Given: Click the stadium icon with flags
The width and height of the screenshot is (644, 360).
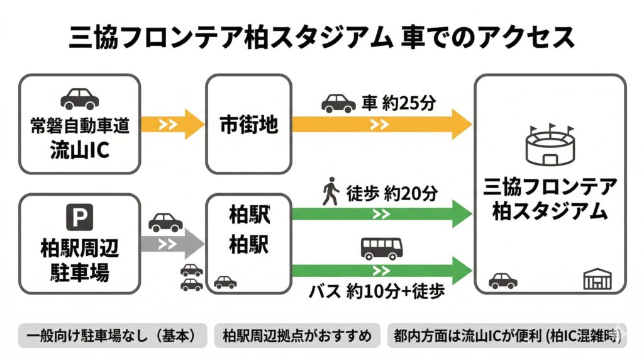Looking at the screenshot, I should (550, 145).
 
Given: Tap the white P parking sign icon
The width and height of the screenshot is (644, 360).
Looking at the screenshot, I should (79, 218).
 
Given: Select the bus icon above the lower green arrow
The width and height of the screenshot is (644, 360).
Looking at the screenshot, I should (379, 249).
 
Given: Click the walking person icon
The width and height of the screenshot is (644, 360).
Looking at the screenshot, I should (330, 191).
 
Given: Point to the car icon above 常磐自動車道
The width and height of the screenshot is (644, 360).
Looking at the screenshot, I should (79, 99).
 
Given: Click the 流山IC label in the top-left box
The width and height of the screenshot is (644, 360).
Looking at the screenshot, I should (79, 151).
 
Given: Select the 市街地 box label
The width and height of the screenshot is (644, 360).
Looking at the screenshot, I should (248, 124).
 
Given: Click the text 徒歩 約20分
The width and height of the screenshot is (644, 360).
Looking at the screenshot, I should (391, 193).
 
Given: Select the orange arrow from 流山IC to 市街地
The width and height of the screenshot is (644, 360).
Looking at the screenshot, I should (173, 124).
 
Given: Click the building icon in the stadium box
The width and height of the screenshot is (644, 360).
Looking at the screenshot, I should (597, 279).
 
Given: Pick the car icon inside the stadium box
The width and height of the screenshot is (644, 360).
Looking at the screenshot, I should (503, 281).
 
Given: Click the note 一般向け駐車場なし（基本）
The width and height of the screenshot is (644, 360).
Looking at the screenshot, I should (113, 336).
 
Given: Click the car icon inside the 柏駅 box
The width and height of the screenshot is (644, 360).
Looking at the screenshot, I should (225, 282).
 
